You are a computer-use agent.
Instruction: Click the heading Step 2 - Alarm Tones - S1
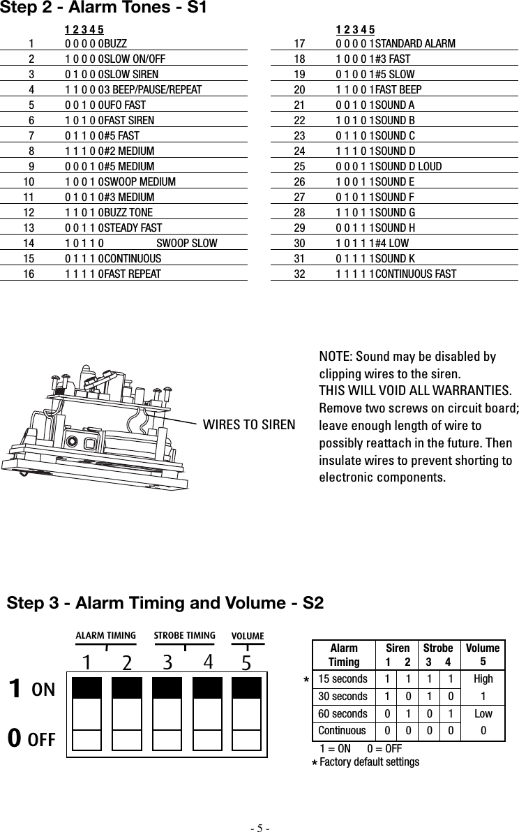(104, 9)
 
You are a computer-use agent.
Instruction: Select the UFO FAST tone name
(126, 105)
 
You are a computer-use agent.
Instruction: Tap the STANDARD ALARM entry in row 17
(415, 44)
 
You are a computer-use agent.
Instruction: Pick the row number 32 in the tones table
(300, 274)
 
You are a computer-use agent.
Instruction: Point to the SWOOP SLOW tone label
(187, 243)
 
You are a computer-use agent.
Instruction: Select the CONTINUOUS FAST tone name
(416, 274)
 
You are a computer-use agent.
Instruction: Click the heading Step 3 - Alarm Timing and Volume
(165, 602)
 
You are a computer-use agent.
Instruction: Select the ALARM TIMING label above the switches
(105, 635)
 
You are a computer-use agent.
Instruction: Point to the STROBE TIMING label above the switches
(185, 635)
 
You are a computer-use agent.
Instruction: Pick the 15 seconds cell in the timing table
(343, 678)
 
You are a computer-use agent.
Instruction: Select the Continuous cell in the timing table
(343, 731)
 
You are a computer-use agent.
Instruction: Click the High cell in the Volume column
(483, 678)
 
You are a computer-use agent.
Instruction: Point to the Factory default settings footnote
(369, 762)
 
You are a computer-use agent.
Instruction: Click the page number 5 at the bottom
(259, 828)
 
